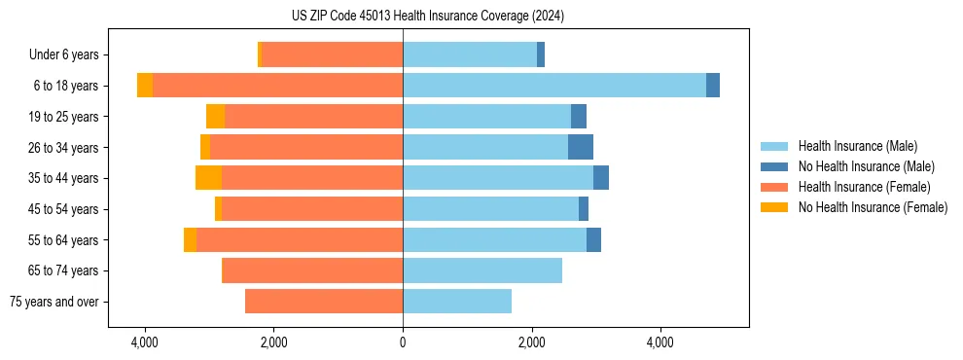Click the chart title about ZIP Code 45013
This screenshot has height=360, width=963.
pyautogui.click(x=427, y=17)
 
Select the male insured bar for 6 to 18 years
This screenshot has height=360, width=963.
pyautogui.click(x=554, y=86)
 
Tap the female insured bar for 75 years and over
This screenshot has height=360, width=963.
pyautogui.click(x=324, y=302)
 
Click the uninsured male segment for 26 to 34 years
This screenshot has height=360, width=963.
pyautogui.click(x=581, y=147)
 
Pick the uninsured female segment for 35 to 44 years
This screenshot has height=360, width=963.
pyautogui.click(x=208, y=178)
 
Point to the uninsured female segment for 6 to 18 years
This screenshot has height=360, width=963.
pyautogui.click(x=145, y=86)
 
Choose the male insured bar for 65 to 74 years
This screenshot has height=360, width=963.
pyautogui.click(x=482, y=270)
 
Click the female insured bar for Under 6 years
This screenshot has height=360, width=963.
pyautogui.click(x=332, y=54)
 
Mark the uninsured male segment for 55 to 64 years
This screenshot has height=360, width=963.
pyautogui.click(x=593, y=239)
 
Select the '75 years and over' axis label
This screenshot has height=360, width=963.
pyautogui.click(x=54, y=302)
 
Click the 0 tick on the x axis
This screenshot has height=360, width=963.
pyautogui.click(x=403, y=342)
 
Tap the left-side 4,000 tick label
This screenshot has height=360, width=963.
pyautogui.click(x=145, y=342)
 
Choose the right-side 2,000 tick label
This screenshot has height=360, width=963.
pyautogui.click(x=531, y=342)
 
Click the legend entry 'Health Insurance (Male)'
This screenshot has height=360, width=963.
pyautogui.click(x=857, y=146)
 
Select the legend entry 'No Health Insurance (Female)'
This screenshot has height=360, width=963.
pyautogui.click(x=873, y=207)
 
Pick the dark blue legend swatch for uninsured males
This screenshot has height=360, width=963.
pyautogui.click(x=774, y=166)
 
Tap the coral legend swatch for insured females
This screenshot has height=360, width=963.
pyautogui.click(x=774, y=187)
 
